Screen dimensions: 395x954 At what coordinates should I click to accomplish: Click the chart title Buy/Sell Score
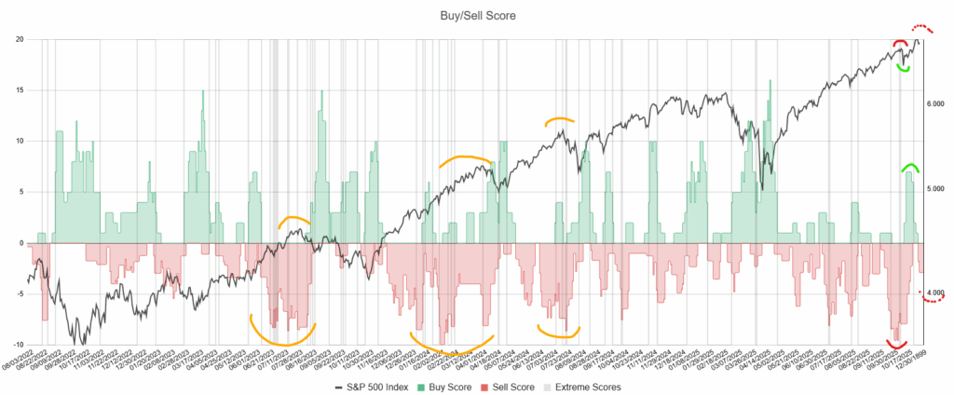click(476, 15)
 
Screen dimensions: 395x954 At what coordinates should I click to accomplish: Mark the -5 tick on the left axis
click(19, 294)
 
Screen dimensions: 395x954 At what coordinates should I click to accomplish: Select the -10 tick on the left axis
click(17, 345)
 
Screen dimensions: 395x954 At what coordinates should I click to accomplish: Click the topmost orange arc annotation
click(560, 119)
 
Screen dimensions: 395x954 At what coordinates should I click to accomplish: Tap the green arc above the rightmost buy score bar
click(909, 167)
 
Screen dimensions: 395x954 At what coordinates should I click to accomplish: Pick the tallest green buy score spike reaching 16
click(770, 82)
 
